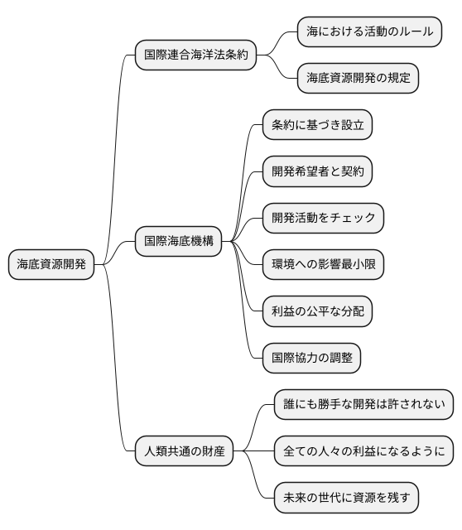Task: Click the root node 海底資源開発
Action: [x=51, y=265]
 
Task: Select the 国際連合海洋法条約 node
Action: [x=195, y=55]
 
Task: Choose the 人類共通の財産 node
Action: [x=184, y=452]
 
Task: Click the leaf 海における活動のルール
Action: [x=369, y=32]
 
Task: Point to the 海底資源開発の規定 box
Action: [x=358, y=79]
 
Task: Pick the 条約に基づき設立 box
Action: [x=317, y=125]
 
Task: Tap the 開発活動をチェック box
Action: [x=323, y=218]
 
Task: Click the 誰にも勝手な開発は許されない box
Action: [x=363, y=405]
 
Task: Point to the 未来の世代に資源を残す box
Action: [x=346, y=499]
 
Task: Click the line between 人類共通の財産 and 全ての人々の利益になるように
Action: [x=253, y=452]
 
